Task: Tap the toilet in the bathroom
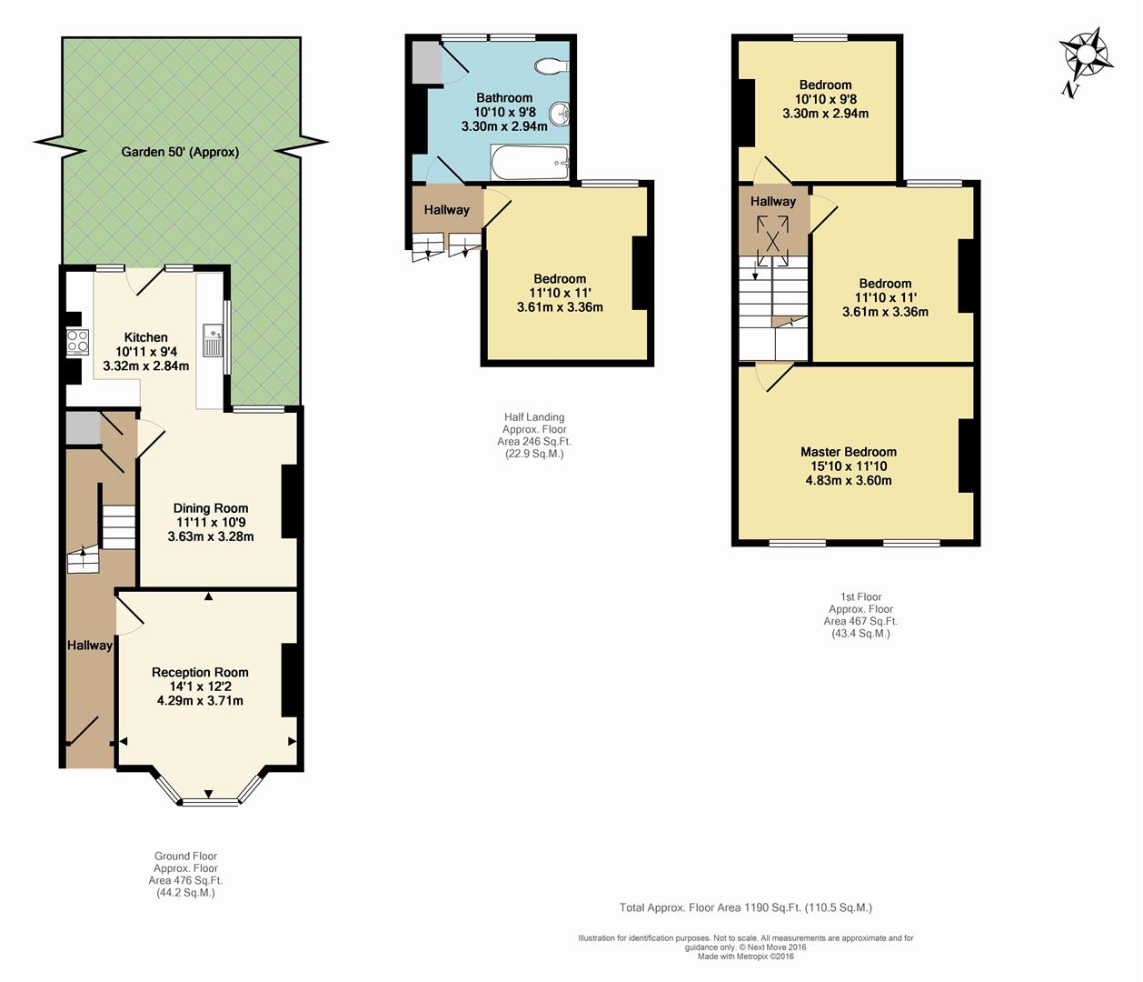pyautogui.click(x=552, y=65)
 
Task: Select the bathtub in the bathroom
pyautogui.click(x=529, y=163)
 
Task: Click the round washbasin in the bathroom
pyautogui.click(x=559, y=115)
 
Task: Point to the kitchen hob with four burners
pyautogui.click(x=77, y=342)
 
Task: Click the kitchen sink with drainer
pyautogui.click(x=213, y=340)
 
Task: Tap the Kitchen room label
pyautogui.click(x=146, y=337)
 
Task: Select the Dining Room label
pyautogui.click(x=211, y=508)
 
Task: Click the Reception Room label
pyautogui.click(x=200, y=672)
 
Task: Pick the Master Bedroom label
pyautogui.click(x=849, y=452)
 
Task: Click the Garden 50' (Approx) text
pyautogui.click(x=180, y=152)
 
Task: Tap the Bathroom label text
pyautogui.click(x=504, y=98)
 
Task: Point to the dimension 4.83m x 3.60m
pyautogui.click(x=849, y=480)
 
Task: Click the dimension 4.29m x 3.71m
pyautogui.click(x=200, y=701)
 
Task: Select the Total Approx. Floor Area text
pyautogui.click(x=745, y=907)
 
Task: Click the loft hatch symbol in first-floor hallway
pyautogui.click(x=773, y=241)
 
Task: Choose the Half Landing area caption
pyautogui.click(x=534, y=436)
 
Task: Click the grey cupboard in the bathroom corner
pyautogui.click(x=427, y=63)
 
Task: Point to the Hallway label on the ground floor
pyautogui.click(x=90, y=645)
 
